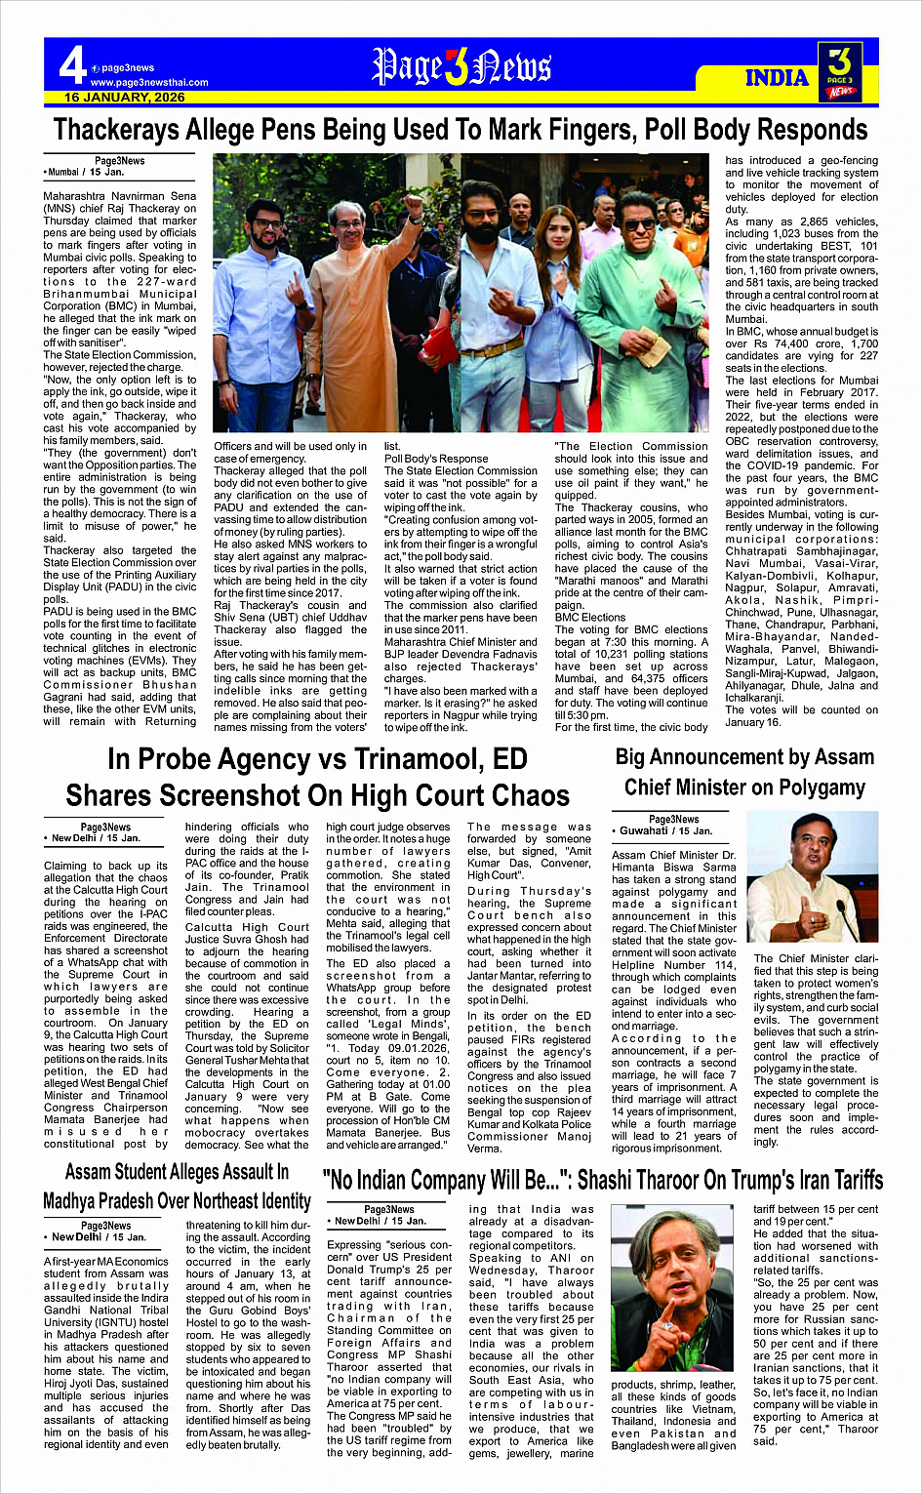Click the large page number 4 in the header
click(72, 66)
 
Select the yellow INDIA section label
click(777, 78)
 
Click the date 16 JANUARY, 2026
click(125, 98)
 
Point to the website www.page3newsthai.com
click(149, 83)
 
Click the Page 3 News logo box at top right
click(839, 70)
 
